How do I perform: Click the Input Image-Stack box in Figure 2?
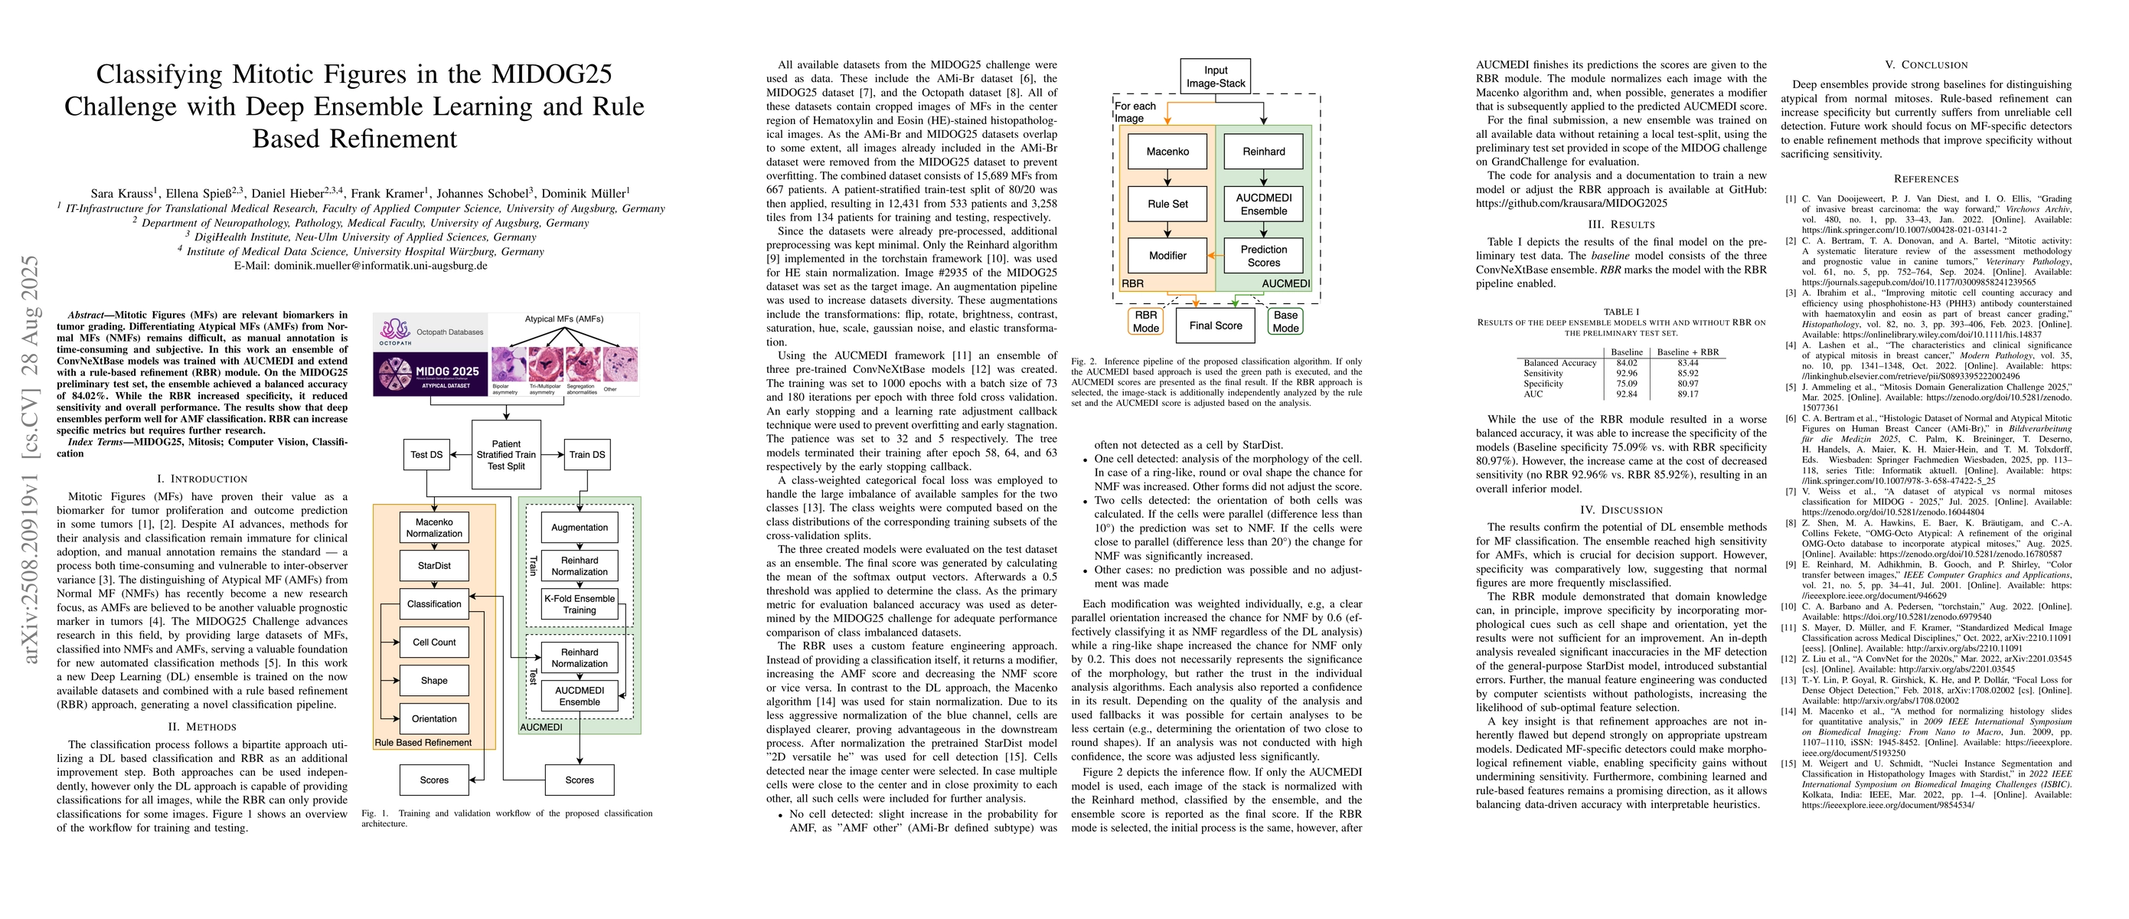click(1216, 76)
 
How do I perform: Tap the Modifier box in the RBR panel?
click(1167, 255)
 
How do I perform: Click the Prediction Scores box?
click(1263, 255)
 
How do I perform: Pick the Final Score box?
click(1215, 325)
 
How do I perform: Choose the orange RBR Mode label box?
click(1145, 322)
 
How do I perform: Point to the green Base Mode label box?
click(1285, 322)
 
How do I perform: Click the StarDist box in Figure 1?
click(434, 566)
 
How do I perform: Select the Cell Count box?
click(434, 642)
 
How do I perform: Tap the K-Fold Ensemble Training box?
click(580, 604)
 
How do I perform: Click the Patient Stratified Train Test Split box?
click(506, 455)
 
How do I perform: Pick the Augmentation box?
click(580, 527)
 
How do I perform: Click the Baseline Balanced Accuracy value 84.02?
click(1627, 363)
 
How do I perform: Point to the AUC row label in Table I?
click(1533, 394)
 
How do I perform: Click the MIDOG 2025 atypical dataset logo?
click(429, 375)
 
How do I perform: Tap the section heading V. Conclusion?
click(1925, 64)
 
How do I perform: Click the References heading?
click(1925, 178)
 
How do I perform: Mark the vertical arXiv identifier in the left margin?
click(31, 459)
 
